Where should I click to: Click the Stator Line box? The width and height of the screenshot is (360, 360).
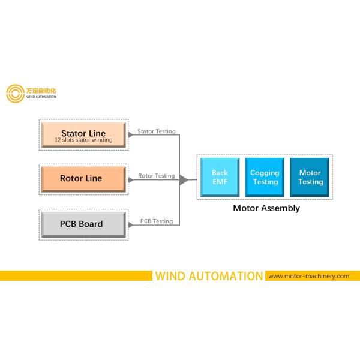tap(83, 136)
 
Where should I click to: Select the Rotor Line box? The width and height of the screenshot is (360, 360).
tap(83, 178)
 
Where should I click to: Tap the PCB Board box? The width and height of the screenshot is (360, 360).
tap(83, 224)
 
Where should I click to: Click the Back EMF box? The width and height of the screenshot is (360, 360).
tap(220, 177)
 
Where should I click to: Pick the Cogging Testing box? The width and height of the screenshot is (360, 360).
tap(265, 177)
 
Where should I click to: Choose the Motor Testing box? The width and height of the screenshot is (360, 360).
tap(310, 177)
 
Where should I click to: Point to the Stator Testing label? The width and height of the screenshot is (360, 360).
tap(157, 131)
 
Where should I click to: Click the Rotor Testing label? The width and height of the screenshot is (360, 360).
tap(157, 176)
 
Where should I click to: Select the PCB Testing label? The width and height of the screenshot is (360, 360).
tap(157, 221)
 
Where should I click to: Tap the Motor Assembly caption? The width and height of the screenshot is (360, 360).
tap(266, 209)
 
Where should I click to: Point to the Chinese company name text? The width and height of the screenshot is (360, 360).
tap(41, 90)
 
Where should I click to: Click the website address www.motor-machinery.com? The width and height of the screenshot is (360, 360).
tap(308, 276)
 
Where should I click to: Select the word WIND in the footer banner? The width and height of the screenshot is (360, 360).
tap(172, 276)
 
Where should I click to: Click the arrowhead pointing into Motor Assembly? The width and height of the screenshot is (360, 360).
tap(184, 179)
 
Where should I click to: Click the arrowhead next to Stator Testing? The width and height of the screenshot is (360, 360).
tap(131, 134)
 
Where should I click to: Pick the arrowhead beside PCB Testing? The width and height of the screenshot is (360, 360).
tap(131, 224)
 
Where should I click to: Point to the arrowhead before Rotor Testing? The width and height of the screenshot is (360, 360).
tap(131, 179)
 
